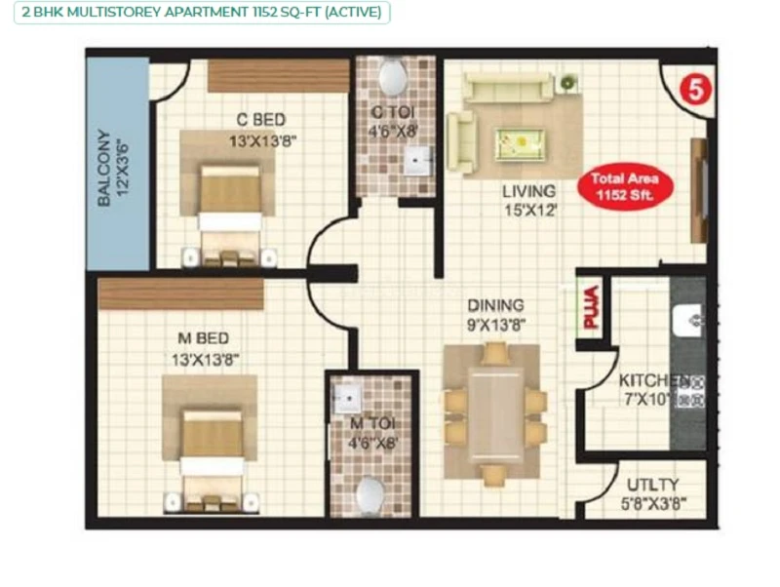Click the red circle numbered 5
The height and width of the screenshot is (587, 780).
pyautogui.click(x=695, y=90)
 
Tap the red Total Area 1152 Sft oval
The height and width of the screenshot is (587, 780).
pyautogui.click(x=625, y=186)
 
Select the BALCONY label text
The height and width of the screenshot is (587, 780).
pyautogui.click(x=104, y=167)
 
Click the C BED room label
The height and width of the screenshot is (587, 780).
pyautogui.click(x=261, y=119)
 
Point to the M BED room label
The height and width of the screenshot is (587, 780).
pyautogui.click(x=204, y=338)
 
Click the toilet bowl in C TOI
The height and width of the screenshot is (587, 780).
pyautogui.click(x=393, y=77)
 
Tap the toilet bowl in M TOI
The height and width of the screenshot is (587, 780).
pyautogui.click(x=370, y=496)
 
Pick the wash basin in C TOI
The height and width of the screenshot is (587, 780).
pyautogui.click(x=417, y=160)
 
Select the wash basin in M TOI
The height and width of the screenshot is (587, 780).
pyautogui.click(x=347, y=398)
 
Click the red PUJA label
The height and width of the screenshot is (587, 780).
pyautogui.click(x=591, y=307)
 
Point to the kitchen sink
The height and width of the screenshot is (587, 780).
pyautogui.click(x=688, y=321)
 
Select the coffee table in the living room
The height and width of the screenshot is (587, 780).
pyautogui.click(x=520, y=144)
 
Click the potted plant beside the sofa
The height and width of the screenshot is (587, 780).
pyautogui.click(x=568, y=82)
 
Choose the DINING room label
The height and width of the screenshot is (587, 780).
pyautogui.click(x=495, y=305)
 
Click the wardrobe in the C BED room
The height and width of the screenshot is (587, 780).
pyautogui.click(x=278, y=76)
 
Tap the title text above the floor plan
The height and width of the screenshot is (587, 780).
pyautogui.click(x=202, y=12)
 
